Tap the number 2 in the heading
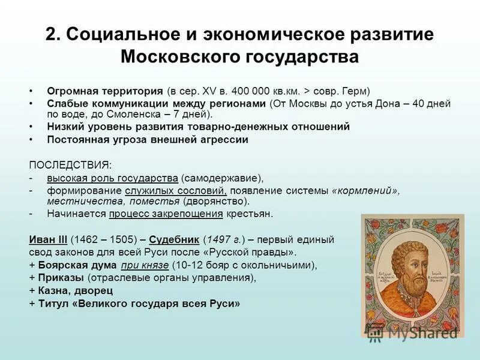click(52, 34)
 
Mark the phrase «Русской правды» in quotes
click(257, 252)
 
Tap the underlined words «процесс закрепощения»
click(166, 214)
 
